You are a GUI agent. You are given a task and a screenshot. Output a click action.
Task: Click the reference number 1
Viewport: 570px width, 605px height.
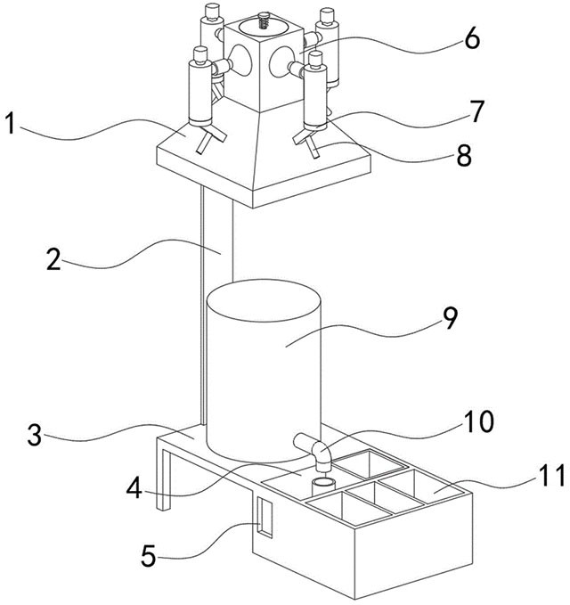click(12, 123)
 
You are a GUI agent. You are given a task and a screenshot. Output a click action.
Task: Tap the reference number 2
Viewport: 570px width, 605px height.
click(53, 258)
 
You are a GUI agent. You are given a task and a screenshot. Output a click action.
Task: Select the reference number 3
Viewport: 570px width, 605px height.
click(35, 435)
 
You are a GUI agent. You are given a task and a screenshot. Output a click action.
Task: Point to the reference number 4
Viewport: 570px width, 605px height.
click(134, 487)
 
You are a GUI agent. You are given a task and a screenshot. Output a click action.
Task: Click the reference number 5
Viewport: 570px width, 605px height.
click(149, 556)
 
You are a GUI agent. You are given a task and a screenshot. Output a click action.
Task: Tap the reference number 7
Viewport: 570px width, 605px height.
click(476, 112)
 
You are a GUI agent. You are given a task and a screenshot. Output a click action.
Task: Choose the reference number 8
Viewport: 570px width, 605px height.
click(464, 155)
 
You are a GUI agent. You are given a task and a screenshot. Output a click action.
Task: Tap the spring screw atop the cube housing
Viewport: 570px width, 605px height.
click(264, 20)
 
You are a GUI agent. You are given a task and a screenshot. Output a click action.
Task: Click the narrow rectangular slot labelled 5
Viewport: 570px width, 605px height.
click(265, 518)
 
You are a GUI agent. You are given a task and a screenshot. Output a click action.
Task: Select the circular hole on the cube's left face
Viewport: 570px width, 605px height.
click(240, 60)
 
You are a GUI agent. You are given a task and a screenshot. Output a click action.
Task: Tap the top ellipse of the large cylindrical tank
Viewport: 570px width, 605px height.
click(264, 300)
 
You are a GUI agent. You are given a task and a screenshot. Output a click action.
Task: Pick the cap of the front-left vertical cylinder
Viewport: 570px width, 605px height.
click(200, 55)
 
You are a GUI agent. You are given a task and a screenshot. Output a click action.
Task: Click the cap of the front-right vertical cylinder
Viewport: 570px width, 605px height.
click(315, 59)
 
